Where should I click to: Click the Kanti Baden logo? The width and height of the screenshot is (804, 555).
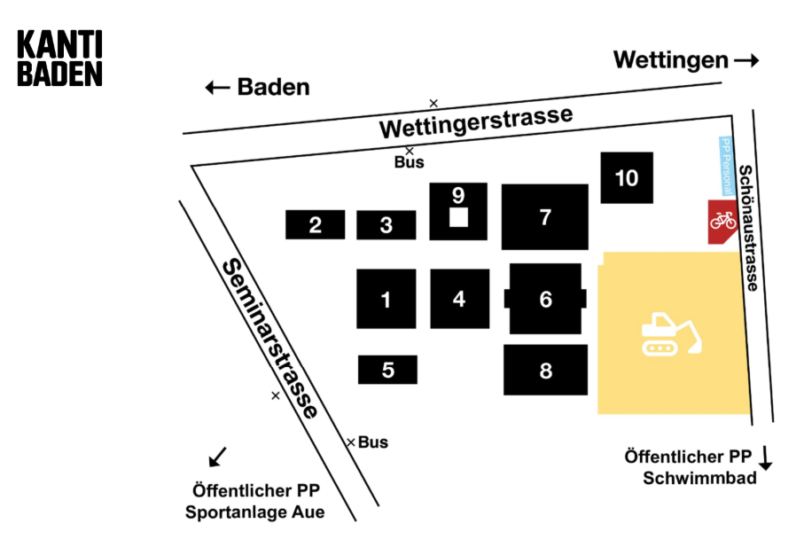pos(60,59)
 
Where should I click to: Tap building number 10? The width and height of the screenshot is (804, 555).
pos(627,177)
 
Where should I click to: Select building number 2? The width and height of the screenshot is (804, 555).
pos(315,224)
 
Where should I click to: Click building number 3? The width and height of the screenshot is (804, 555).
pos(386,225)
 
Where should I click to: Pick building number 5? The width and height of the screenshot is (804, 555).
pos(387,370)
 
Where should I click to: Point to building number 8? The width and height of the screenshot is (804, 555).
pos(545,371)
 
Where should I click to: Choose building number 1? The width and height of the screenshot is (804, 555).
pos(386,299)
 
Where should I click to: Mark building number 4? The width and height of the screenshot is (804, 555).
pos(459,299)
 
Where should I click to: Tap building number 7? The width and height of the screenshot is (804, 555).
pos(545,216)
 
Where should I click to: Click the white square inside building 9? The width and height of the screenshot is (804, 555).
pos(458,217)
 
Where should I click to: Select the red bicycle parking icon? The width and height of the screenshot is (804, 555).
pos(722,221)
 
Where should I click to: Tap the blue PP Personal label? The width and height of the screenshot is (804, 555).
pos(724,166)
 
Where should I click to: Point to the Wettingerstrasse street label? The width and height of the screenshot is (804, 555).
pos(476,122)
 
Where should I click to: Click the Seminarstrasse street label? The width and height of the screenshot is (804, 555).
pos(269,338)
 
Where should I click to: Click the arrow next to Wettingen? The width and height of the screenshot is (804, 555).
pos(746,60)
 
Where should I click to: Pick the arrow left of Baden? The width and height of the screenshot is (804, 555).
pos(217,87)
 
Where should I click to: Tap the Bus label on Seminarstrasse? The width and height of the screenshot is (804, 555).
pos(373,442)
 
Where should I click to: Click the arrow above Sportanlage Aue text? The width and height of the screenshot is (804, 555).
pos(217,456)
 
